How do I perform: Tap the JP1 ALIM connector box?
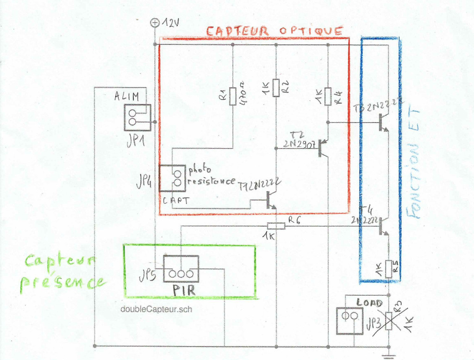[x=137, y=118]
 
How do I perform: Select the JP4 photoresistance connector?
[x=172, y=178]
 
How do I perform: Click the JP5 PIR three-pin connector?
[x=181, y=269]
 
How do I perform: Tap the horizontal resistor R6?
[x=276, y=226]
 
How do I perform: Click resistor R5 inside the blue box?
[x=389, y=267]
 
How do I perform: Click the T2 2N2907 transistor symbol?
[x=322, y=149]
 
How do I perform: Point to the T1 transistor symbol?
[x=270, y=199]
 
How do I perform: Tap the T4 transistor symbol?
[x=381, y=226]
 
